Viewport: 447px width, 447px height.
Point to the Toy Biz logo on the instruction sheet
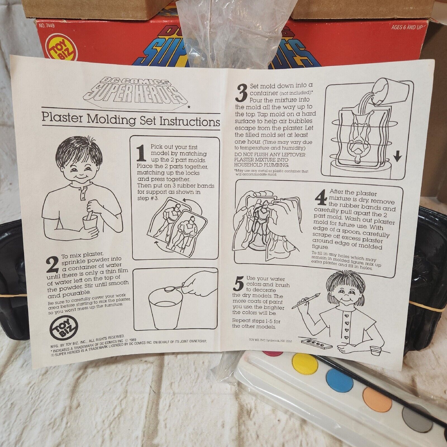pos(63,326)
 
